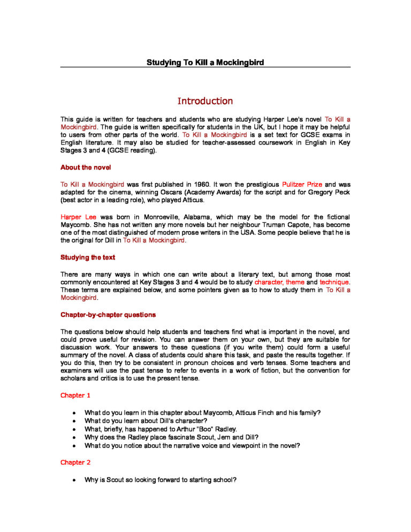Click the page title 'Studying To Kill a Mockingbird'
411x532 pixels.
point(205,63)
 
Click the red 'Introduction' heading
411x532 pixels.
point(205,101)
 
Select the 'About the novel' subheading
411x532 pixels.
point(86,168)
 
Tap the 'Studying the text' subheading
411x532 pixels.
point(87,257)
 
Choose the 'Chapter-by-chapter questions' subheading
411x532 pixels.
point(108,314)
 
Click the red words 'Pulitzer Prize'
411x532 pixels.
point(302,184)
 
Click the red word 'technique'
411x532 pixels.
point(334,282)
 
